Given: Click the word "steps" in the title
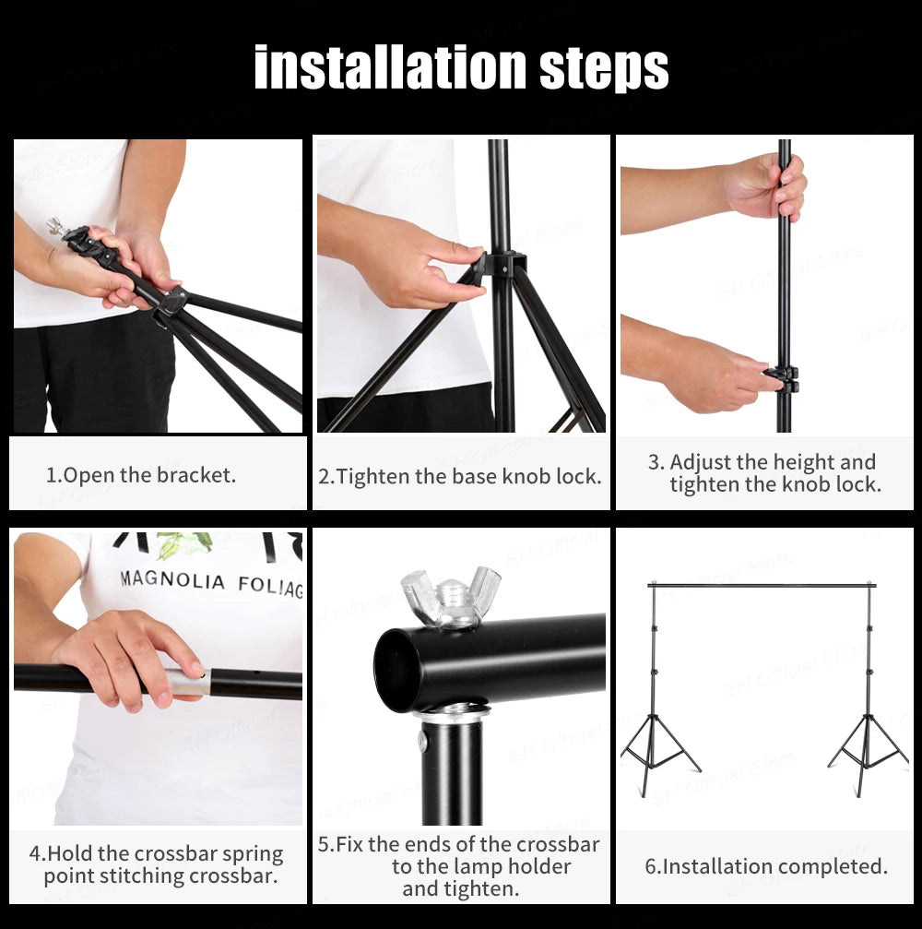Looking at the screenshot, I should pos(604,68).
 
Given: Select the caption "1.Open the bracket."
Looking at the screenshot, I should pos(141,476).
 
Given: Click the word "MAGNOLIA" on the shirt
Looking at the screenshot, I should pos(172,581).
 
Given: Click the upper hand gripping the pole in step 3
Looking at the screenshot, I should pos(767,187).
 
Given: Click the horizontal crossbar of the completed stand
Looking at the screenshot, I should pos(761,585).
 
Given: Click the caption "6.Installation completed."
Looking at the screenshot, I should pos(766,867).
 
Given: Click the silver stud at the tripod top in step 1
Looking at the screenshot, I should pos(55,226).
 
